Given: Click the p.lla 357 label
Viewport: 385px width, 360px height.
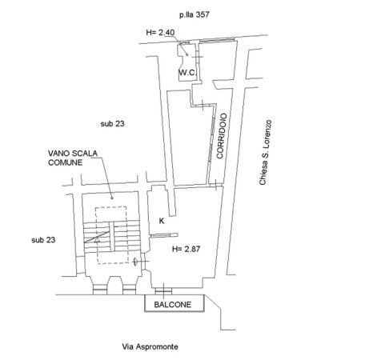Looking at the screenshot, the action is (x=194, y=14).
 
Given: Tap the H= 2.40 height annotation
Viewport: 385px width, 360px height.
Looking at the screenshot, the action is (x=160, y=33).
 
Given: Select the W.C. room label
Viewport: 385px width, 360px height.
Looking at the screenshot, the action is (x=187, y=72).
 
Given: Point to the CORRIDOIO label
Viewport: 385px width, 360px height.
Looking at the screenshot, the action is (x=222, y=136).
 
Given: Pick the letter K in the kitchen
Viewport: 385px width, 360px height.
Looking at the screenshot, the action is (x=162, y=221).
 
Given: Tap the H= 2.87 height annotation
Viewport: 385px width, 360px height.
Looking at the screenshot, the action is (x=186, y=249).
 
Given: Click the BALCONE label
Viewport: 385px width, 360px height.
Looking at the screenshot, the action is (x=173, y=305).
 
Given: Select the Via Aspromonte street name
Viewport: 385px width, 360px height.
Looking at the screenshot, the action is (x=150, y=346).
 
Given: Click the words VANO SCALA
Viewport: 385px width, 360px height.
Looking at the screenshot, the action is (x=73, y=154).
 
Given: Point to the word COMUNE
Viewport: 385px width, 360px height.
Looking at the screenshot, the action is (x=65, y=162).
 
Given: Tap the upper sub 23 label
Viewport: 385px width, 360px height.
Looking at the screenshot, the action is (x=112, y=124).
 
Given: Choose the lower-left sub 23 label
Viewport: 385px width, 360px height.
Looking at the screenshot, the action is (x=43, y=240).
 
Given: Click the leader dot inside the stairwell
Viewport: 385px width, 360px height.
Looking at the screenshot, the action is (x=112, y=198).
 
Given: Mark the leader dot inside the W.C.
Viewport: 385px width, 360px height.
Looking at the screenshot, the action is (x=187, y=54).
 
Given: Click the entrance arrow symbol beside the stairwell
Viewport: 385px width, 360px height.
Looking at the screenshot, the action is (x=135, y=262).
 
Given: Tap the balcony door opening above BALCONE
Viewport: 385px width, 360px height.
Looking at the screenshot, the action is (x=163, y=291).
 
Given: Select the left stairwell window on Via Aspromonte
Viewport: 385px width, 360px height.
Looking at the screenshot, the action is (x=100, y=290).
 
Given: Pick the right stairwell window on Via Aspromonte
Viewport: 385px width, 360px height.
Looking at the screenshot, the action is (x=130, y=290).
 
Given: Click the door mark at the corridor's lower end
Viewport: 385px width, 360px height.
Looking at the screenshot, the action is (x=216, y=184).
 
